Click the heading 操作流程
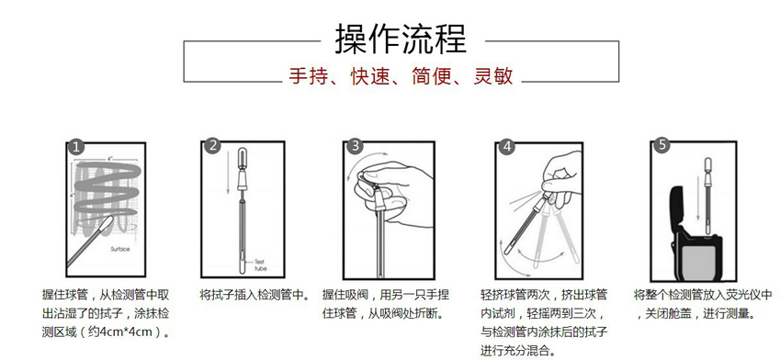[x=401, y=39]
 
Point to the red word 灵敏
[x=493, y=76]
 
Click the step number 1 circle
[x=75, y=147]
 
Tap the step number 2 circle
[x=213, y=146]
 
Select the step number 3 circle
[x=356, y=146]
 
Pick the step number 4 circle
[x=507, y=146]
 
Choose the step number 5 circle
[x=662, y=145]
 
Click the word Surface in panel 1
[x=120, y=249]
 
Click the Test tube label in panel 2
[x=261, y=264]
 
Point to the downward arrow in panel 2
[x=227, y=172]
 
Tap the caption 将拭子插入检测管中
[x=254, y=295]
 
